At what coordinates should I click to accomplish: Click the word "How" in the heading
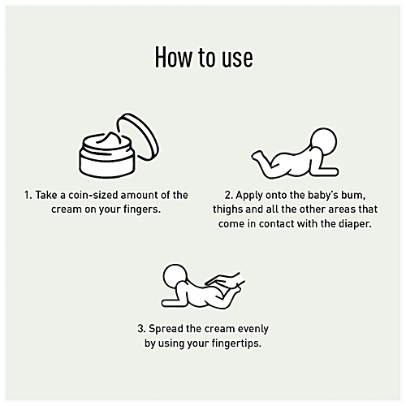174,57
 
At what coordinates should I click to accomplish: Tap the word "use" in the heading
237,60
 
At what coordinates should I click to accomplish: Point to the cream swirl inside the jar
110,140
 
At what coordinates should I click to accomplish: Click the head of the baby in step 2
323,142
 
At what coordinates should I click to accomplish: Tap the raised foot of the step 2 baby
257,156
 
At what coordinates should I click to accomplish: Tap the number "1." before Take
28,195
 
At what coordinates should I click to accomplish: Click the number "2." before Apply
229,195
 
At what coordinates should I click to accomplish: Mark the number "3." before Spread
142,329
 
